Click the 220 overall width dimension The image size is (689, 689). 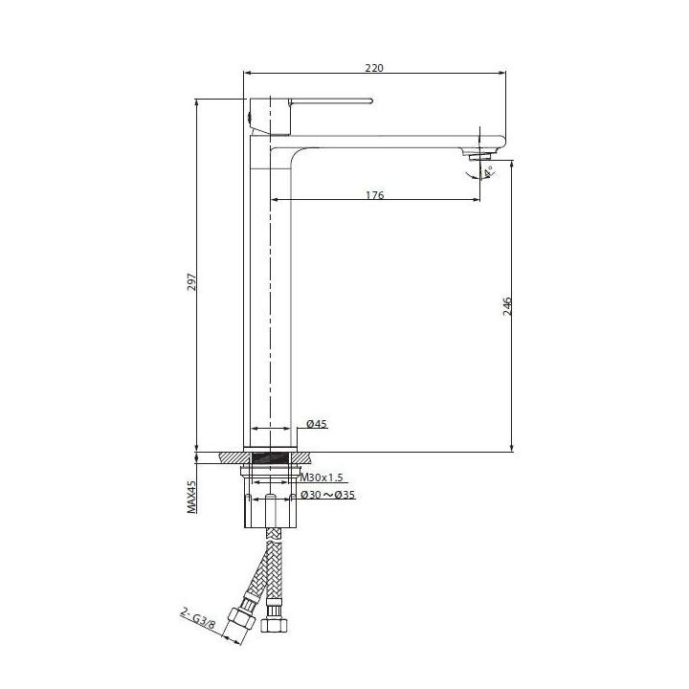(x=374, y=68)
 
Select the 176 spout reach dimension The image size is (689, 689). (x=375, y=195)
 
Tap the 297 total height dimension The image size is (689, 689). (x=192, y=282)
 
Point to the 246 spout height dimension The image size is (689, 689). (x=507, y=306)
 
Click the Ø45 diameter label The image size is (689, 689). (x=317, y=424)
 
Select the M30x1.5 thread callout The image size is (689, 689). (x=322, y=478)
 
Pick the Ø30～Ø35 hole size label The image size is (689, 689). (x=328, y=496)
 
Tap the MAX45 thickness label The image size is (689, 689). (x=192, y=497)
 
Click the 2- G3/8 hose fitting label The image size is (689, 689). (x=198, y=619)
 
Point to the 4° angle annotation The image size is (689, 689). (x=488, y=172)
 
